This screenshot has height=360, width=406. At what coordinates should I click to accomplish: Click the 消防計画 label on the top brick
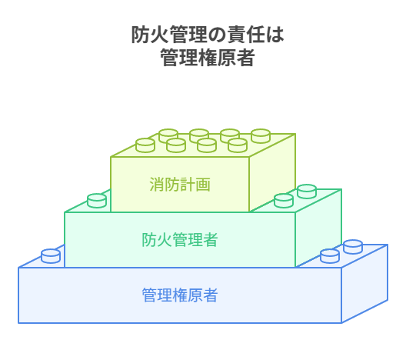tap(180, 185)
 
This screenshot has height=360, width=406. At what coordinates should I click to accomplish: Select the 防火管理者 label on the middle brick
tap(180, 239)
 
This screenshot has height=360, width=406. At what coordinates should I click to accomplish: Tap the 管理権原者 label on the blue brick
tap(180, 295)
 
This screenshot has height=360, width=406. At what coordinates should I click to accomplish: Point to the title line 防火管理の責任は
tap(208, 35)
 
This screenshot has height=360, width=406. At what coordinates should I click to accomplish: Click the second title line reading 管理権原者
tap(208, 57)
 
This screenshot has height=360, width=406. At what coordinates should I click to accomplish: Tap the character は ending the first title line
tap(275, 35)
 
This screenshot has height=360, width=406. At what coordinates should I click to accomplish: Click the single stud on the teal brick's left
tap(97, 201)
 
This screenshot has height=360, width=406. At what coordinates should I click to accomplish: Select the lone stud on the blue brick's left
tap(51, 256)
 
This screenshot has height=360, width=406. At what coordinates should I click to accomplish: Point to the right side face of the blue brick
tap(364, 284)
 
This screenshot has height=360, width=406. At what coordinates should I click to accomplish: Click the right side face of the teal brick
tap(318, 228)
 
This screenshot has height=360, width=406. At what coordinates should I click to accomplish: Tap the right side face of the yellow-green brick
tap(272, 173)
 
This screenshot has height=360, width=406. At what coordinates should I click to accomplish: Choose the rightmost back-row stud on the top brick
tap(261, 135)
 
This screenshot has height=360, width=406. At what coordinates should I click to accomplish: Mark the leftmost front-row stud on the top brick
tap(145, 145)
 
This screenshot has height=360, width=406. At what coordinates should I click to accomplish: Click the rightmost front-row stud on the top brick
tap(238, 145)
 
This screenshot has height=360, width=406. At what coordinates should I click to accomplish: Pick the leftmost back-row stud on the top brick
tap(168, 135)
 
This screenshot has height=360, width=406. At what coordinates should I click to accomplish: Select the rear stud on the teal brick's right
tap(307, 191)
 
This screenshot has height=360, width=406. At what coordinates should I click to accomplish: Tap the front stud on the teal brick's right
tap(284, 201)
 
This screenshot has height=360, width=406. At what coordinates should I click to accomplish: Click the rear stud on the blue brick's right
tap(353, 247)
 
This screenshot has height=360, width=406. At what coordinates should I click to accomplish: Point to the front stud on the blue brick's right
tap(330, 256)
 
